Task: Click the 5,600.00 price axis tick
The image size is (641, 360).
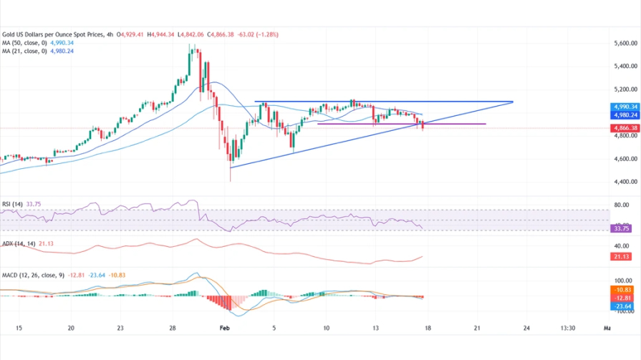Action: pos(626,44)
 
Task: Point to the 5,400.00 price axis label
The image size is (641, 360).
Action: pos(626,67)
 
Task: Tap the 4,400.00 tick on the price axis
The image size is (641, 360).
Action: pos(626,182)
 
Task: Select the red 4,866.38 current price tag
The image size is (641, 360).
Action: pos(625,128)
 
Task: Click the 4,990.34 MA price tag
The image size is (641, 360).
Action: pos(625,107)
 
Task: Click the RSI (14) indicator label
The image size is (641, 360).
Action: pos(11,204)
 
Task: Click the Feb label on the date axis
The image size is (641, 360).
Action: pos(224,328)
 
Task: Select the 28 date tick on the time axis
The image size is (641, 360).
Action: pos(172,328)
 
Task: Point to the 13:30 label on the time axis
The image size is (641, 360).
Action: pos(569,328)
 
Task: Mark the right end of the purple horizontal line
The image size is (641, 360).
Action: pos(486,124)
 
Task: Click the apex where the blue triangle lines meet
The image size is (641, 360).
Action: pos(513,102)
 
